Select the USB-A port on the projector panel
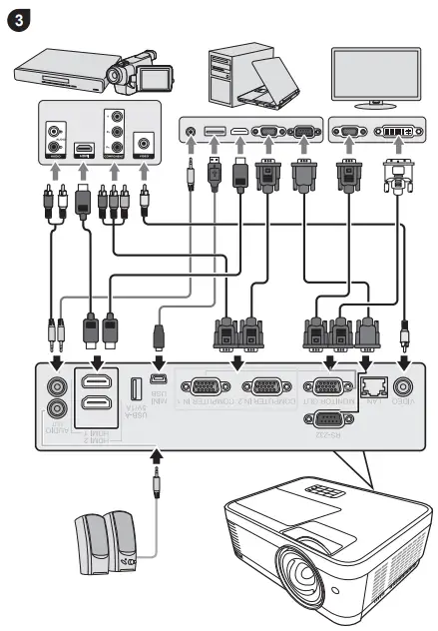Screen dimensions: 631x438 (136, 388)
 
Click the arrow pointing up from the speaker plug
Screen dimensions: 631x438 (155, 458)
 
